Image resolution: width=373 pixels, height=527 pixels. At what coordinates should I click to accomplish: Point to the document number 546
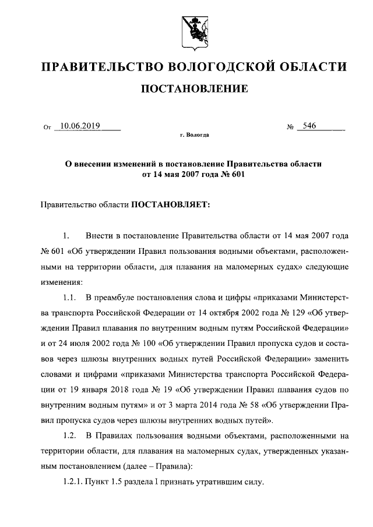tap(308, 125)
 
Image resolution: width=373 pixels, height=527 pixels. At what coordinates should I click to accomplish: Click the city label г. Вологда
tap(194, 135)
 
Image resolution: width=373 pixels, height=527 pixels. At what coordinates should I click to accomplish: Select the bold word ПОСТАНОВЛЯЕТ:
tap(170, 205)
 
